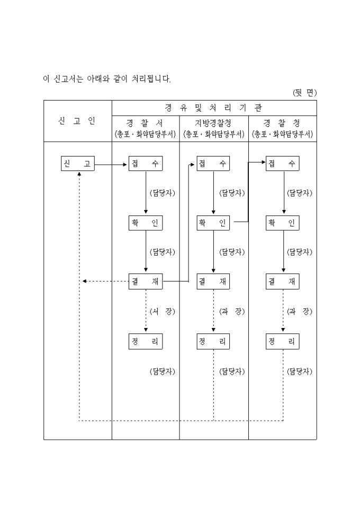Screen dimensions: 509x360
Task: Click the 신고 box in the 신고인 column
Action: [77, 164]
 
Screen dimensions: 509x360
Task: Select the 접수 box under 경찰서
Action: [146, 164]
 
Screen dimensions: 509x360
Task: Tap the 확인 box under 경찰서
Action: [146, 223]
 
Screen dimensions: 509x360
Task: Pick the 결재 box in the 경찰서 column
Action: [146, 281]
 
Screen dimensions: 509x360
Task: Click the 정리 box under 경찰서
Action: [146, 341]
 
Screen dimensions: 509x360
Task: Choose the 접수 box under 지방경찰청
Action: [213, 164]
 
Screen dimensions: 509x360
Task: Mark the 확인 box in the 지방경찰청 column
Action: [213, 223]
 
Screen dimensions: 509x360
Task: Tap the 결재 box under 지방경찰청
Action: [213, 281]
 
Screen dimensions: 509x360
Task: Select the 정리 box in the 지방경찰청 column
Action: [213, 341]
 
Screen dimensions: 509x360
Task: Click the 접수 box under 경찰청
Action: [283, 164]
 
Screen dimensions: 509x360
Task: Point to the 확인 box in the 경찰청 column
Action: [283, 223]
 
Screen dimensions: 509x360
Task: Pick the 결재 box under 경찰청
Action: [283, 281]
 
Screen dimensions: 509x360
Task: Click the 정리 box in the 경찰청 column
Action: [283, 341]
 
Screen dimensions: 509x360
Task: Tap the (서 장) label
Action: [162, 312]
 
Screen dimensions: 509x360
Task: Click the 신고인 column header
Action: [77, 121]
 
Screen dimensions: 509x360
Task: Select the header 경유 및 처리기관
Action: [214, 108]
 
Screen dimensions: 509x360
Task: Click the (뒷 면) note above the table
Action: [304, 93]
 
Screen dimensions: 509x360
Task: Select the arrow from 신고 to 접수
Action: [111, 164]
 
